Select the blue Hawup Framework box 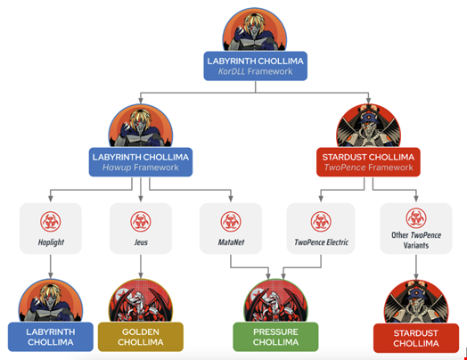click(x=141, y=161)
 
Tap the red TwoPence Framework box click(x=368, y=161)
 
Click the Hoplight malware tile click(x=50, y=230)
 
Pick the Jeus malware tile click(x=140, y=230)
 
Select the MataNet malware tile click(x=230, y=230)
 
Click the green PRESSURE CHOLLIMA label click(x=275, y=337)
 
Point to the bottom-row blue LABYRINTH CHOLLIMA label click(x=51, y=337)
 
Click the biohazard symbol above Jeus click(x=140, y=220)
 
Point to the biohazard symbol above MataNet click(x=230, y=220)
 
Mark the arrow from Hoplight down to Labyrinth click(x=50, y=265)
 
